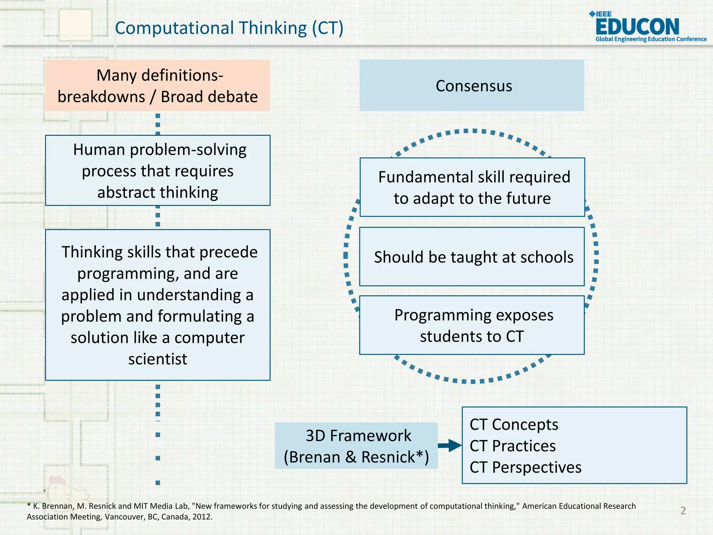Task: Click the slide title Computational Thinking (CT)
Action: coord(229,28)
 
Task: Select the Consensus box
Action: coord(472,86)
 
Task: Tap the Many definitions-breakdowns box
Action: coord(158,86)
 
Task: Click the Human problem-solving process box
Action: coord(158,171)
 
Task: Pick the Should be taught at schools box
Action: coord(472,257)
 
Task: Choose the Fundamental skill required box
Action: coord(472,187)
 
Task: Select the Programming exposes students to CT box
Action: coord(472,325)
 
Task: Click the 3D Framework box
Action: coord(356,446)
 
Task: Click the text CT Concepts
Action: coord(514,425)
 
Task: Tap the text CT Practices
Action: coord(512,446)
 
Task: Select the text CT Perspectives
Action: coord(525,467)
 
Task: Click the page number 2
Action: coord(683,511)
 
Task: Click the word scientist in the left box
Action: coord(158,359)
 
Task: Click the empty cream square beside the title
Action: coord(76,25)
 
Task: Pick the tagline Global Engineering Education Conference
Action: coord(651,39)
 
